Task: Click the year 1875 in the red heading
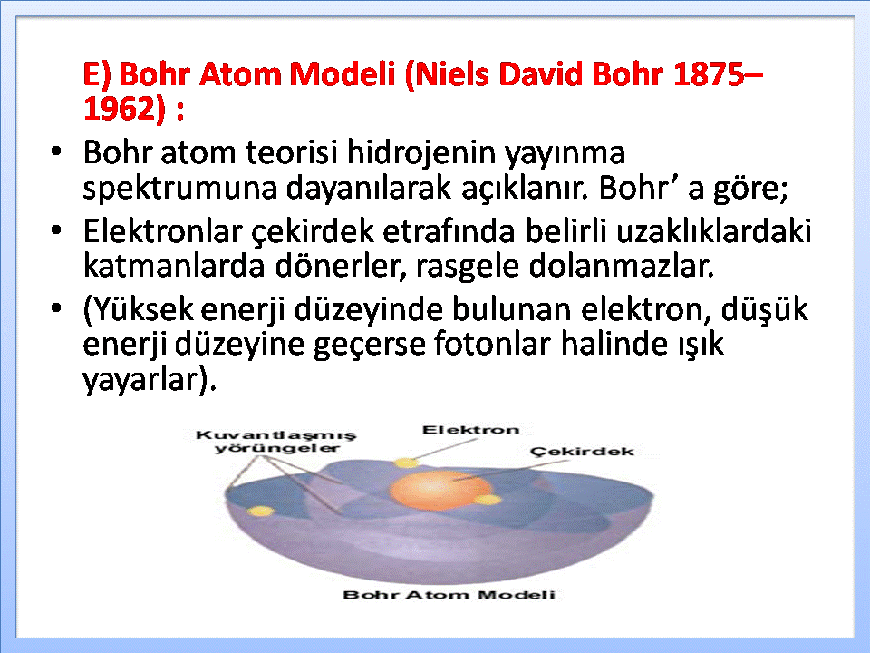pyautogui.click(x=709, y=73)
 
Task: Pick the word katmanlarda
pyautogui.click(x=174, y=266)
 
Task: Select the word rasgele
pyautogui.click(x=467, y=267)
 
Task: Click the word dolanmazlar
pyautogui.click(x=621, y=266)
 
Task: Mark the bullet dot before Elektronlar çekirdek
pyautogui.click(x=56, y=229)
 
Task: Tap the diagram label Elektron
pyautogui.click(x=470, y=430)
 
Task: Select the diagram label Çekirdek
pyautogui.click(x=582, y=452)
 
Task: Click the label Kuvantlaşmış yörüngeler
pyautogui.click(x=275, y=442)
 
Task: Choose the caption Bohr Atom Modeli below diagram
pyautogui.click(x=449, y=595)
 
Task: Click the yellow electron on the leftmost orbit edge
pyautogui.click(x=260, y=511)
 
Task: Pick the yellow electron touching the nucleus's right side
pyautogui.click(x=488, y=500)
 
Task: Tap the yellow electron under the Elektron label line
pyautogui.click(x=406, y=463)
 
